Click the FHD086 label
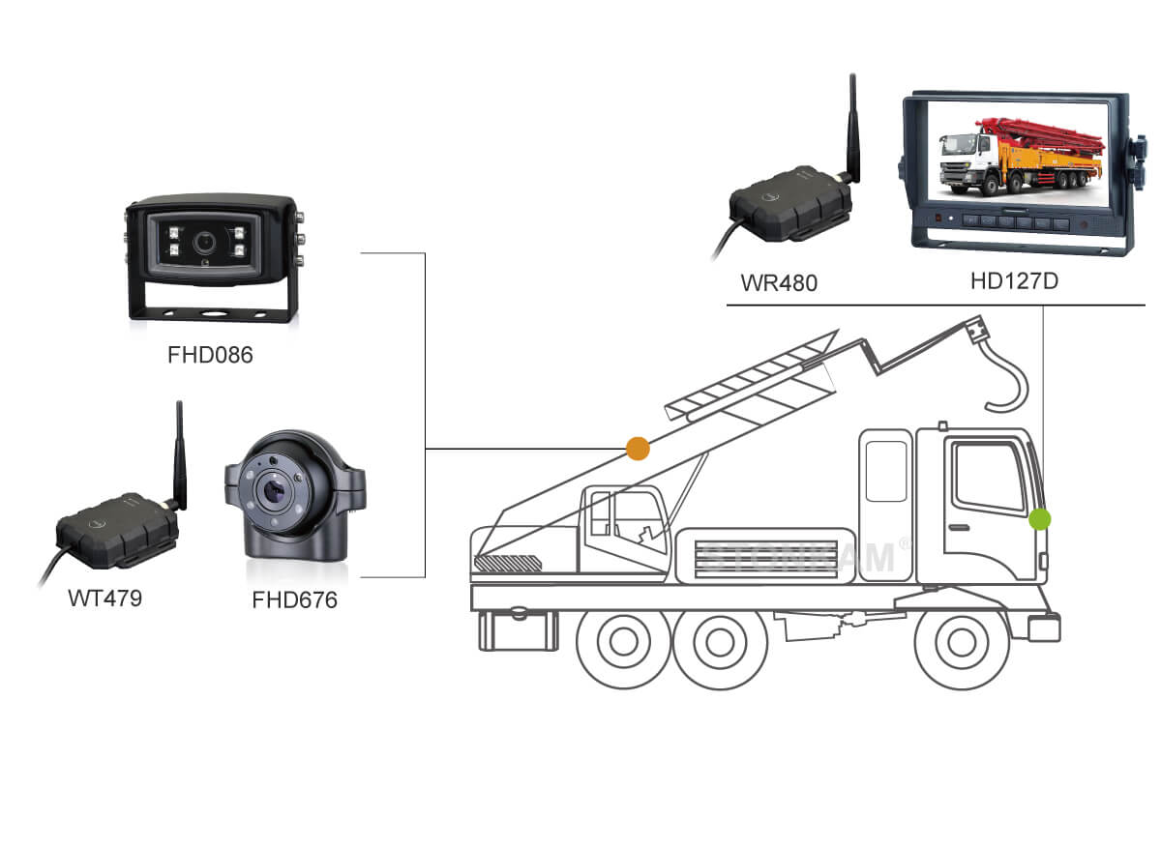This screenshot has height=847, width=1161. (210, 355)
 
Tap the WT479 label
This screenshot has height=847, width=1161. (104, 598)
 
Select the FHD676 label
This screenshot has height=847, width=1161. (294, 600)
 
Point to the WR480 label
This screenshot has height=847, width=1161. (779, 283)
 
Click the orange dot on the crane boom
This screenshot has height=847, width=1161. (638, 448)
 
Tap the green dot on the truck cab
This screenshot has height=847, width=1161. (1040, 519)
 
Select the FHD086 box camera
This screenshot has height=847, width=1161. (212, 256)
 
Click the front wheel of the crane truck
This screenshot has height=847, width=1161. (961, 642)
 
